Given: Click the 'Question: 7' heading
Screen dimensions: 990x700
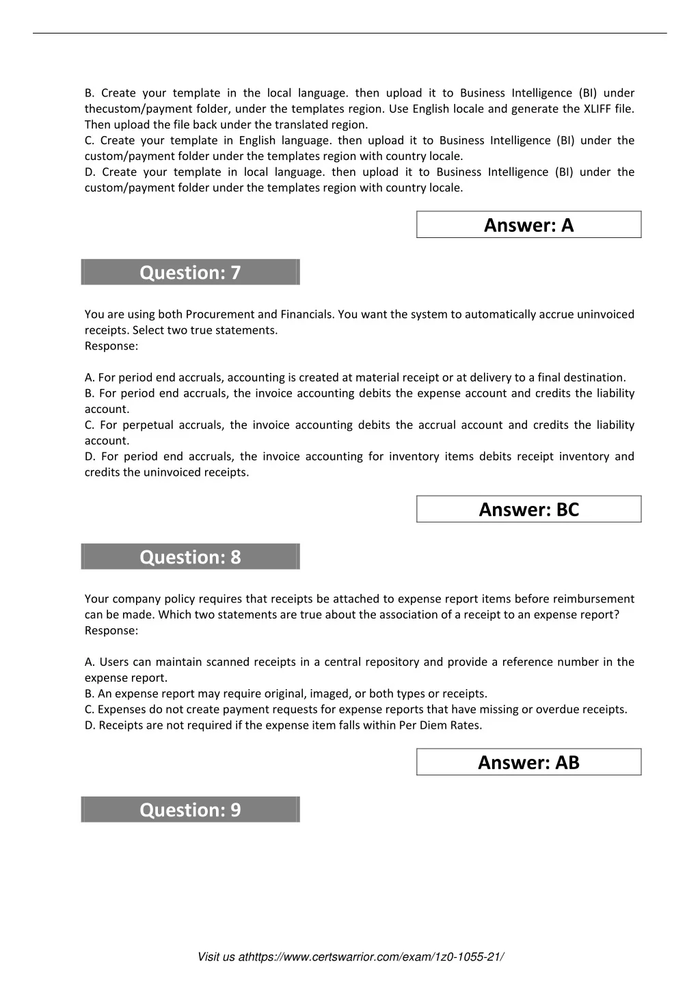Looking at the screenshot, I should pyautogui.click(x=190, y=272).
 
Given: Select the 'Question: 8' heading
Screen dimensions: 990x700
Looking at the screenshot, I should pyautogui.click(x=190, y=557).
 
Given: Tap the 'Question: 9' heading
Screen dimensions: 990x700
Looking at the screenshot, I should pyautogui.click(x=190, y=810).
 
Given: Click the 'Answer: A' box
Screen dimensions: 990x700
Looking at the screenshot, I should pyautogui.click(x=528, y=225).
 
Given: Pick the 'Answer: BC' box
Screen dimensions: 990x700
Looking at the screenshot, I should pyautogui.click(x=528, y=509).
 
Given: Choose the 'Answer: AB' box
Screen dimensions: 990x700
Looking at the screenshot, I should pyautogui.click(x=528, y=762).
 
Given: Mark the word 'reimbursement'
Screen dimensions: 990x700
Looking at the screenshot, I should pyautogui.click(x=593, y=599).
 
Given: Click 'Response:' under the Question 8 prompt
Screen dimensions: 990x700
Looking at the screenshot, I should pyautogui.click(x=111, y=630).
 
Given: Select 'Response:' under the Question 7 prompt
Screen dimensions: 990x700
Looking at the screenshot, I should pyautogui.click(x=111, y=346).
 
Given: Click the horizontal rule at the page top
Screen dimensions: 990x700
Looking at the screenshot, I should pyautogui.click(x=350, y=33).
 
